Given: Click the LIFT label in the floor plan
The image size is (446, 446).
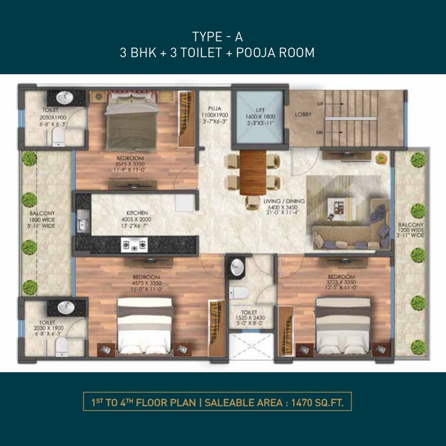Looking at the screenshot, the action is pos(260,110).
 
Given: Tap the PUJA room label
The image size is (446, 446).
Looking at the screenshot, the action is pos(214,108).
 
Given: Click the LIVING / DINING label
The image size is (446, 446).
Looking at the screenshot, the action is pos(284,201).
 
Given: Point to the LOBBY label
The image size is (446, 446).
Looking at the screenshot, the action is pos(303,115).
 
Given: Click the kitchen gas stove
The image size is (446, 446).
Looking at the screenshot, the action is pos(134,245).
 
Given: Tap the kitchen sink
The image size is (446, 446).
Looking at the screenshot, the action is pos(83,221).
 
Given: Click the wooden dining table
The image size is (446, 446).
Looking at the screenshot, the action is pos(253,172).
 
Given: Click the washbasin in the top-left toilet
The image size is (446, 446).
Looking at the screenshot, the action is pos(64,98).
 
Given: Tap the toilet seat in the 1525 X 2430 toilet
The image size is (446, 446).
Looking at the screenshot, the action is pos(239,293).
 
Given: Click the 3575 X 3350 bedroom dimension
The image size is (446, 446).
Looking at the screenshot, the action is pos(130,164).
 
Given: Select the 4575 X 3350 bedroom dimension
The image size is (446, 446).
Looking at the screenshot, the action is pos(146,283).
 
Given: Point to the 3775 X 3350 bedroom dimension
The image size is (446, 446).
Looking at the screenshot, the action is pos(341,282).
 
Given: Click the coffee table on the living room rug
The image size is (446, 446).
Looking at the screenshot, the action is pos(341,209).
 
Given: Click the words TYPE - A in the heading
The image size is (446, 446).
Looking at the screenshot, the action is pos(218,37).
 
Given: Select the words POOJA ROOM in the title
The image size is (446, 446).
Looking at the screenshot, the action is pos(275,53).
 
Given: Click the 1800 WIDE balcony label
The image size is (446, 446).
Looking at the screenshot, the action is pos(42,220).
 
